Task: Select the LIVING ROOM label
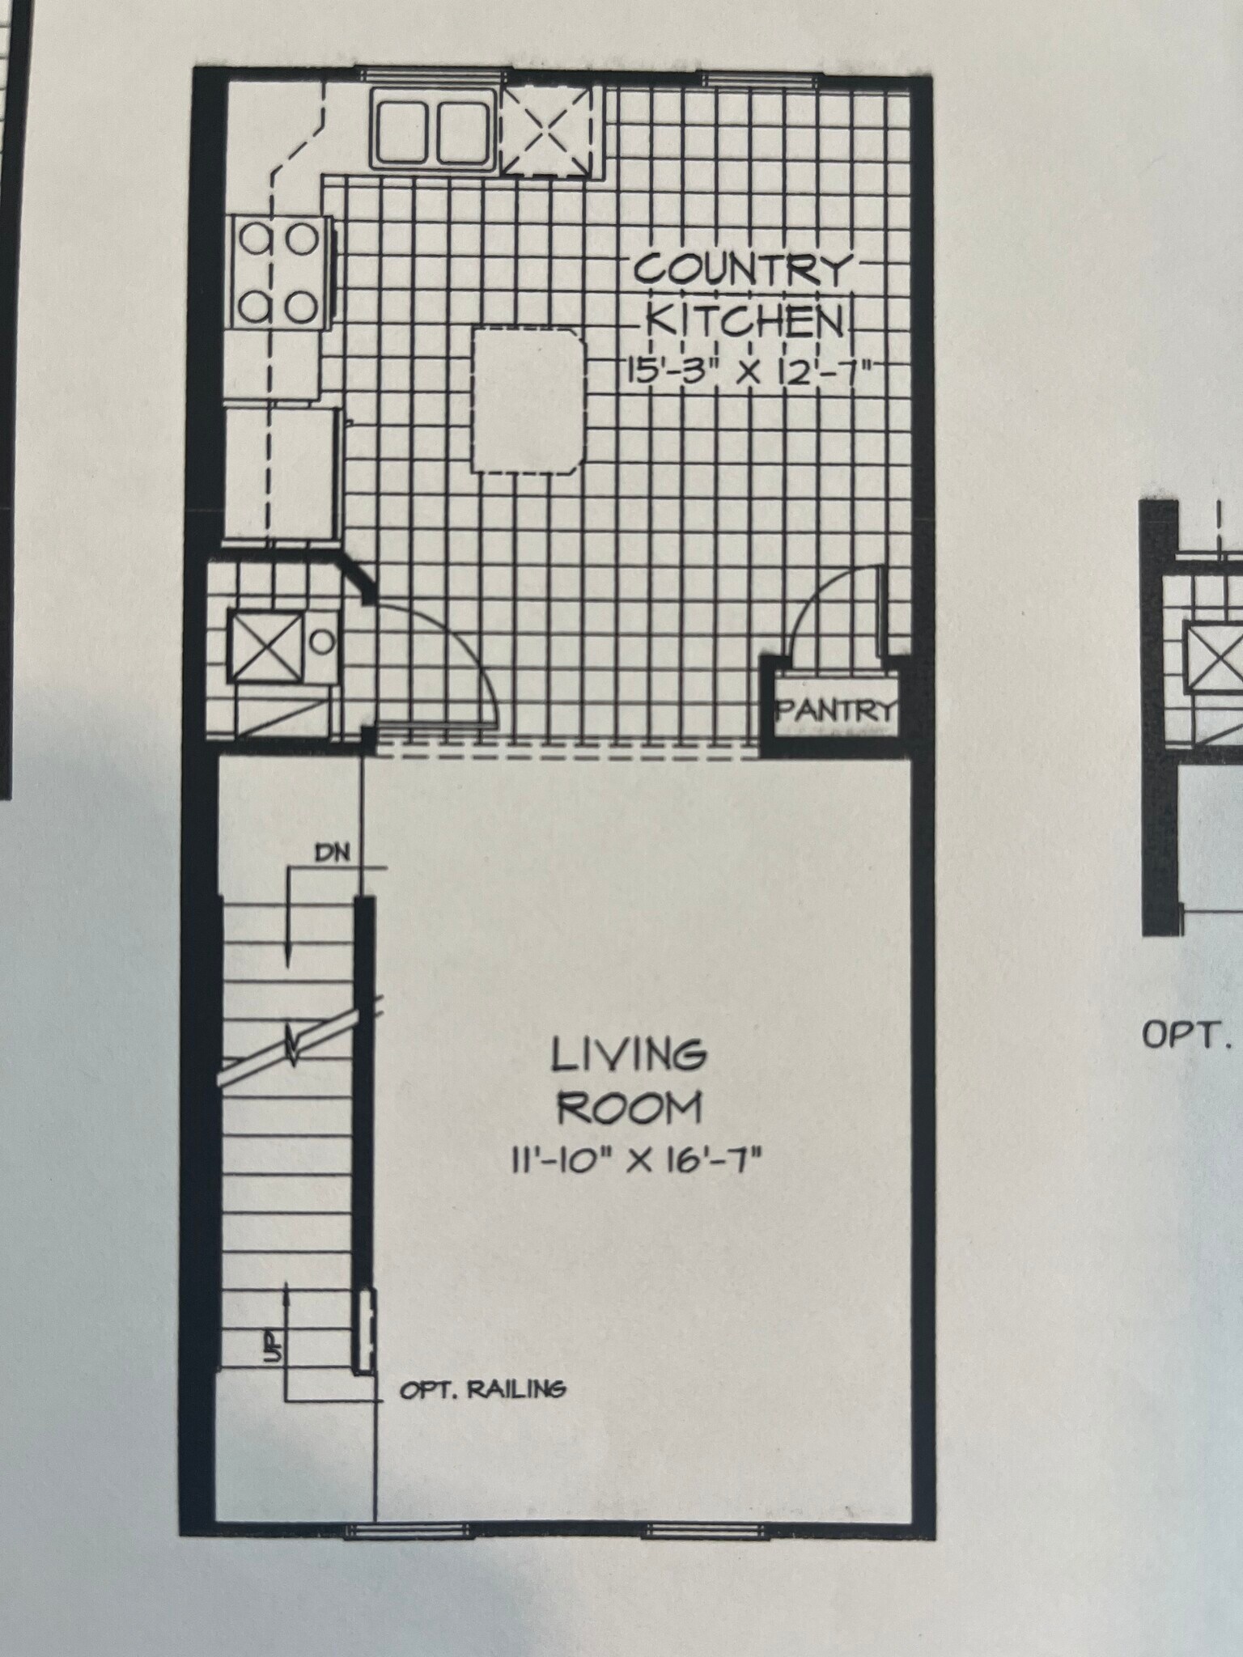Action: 628,1081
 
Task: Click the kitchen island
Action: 529,400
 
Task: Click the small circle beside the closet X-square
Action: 322,642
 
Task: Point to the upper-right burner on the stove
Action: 303,239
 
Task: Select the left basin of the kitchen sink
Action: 404,132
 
